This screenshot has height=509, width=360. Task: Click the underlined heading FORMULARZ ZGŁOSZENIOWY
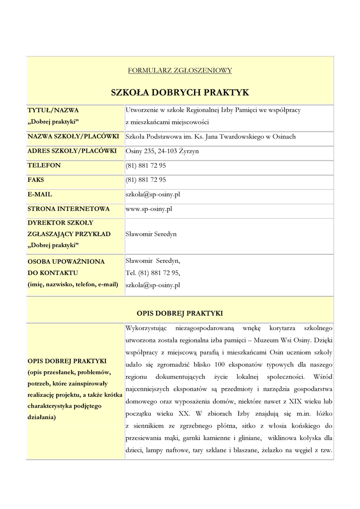click(180, 71)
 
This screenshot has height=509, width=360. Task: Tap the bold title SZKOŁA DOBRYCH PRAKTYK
click(180, 92)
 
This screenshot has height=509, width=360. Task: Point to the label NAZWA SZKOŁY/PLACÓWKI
click(73, 136)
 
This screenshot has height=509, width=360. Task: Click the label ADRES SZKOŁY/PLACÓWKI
click(72, 151)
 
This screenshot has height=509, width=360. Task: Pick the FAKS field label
click(36, 179)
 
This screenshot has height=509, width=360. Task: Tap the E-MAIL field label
click(40, 194)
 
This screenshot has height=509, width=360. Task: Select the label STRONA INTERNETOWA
click(69, 209)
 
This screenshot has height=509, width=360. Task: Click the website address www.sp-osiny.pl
click(149, 209)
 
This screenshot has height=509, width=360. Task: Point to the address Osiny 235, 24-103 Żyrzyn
click(162, 151)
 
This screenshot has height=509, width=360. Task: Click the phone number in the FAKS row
click(146, 179)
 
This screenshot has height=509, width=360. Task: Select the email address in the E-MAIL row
click(153, 194)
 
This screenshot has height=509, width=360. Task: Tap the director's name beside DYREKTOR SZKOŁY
click(151, 234)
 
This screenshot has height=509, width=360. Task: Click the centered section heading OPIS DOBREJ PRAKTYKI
click(180, 313)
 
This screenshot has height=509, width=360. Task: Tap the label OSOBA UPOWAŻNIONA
click(66, 261)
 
